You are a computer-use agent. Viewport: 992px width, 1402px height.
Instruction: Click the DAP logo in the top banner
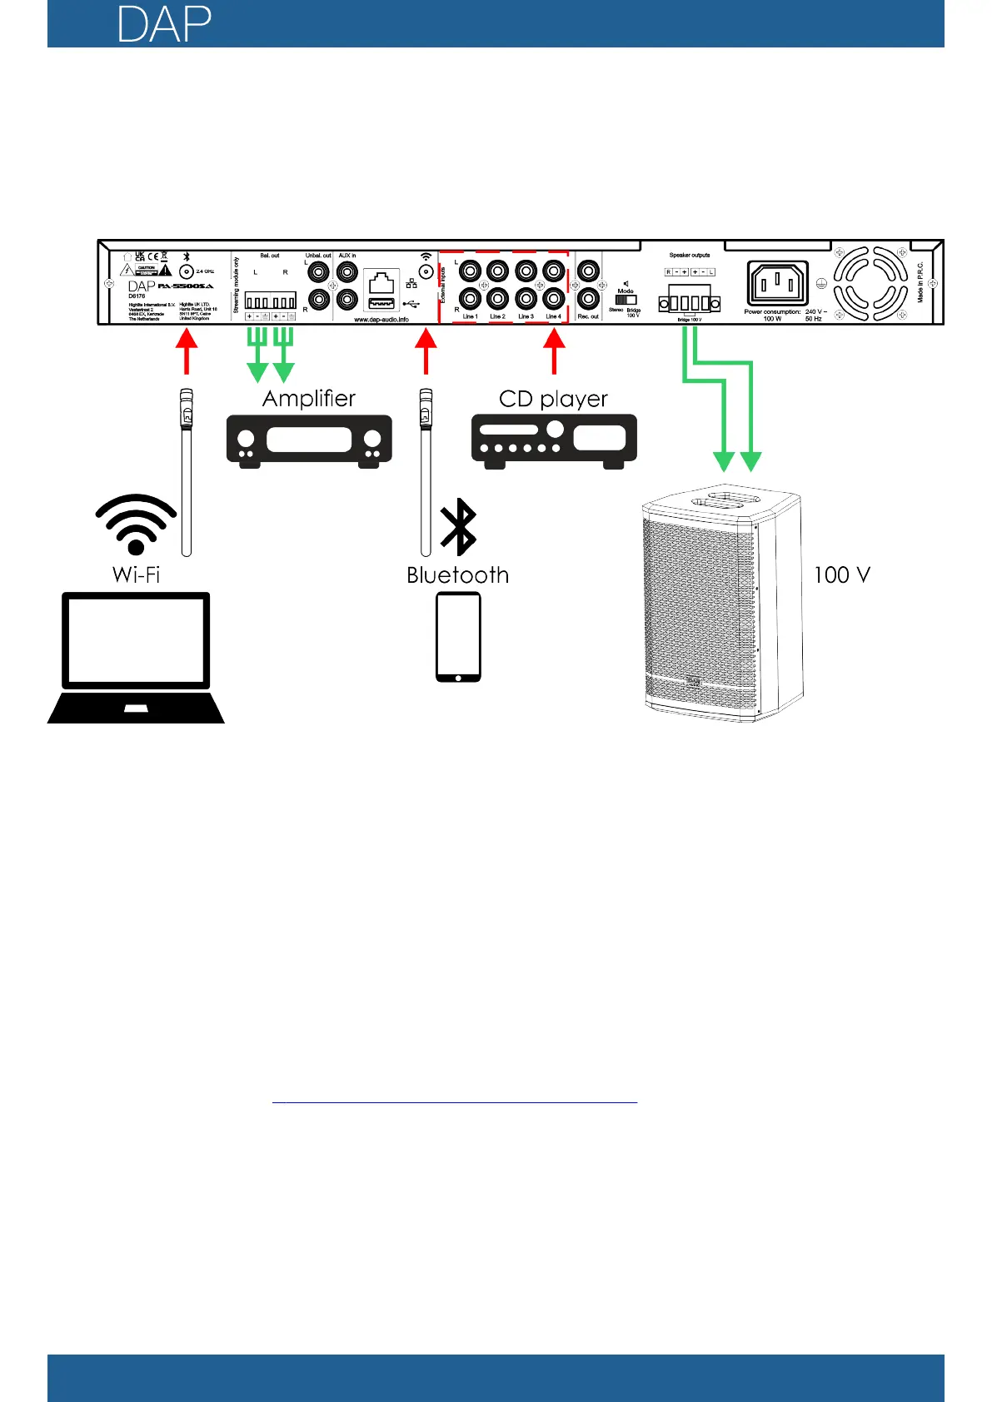pyautogui.click(x=164, y=25)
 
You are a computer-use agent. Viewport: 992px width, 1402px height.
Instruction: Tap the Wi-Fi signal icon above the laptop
pyautogui.click(x=136, y=525)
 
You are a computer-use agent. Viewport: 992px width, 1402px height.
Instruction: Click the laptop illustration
pyautogui.click(x=137, y=657)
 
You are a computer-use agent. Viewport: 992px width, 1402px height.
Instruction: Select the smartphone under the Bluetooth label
pyautogui.click(x=458, y=637)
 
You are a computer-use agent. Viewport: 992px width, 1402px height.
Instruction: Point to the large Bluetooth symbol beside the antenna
pyautogui.click(x=458, y=527)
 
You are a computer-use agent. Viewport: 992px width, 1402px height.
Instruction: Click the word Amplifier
pyautogui.click(x=309, y=399)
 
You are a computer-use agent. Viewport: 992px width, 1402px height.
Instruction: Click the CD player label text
pyautogui.click(x=553, y=399)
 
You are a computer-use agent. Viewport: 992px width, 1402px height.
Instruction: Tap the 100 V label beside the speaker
pyautogui.click(x=841, y=574)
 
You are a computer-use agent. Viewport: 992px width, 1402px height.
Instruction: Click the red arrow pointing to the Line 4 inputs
pyautogui.click(x=554, y=350)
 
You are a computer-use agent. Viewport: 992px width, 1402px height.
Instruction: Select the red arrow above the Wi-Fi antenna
pyautogui.click(x=187, y=350)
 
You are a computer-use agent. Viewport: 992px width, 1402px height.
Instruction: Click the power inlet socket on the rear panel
pyautogui.click(x=778, y=283)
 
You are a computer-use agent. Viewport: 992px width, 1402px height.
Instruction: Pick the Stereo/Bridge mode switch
pyautogui.click(x=626, y=300)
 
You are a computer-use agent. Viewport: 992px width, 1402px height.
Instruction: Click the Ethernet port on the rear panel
pyautogui.click(x=381, y=281)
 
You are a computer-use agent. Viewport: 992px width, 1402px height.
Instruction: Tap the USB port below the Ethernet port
pyautogui.click(x=381, y=303)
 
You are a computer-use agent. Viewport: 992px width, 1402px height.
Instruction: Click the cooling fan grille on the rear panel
pyautogui.click(x=870, y=284)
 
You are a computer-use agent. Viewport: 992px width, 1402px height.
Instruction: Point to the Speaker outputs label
pyautogui.click(x=690, y=256)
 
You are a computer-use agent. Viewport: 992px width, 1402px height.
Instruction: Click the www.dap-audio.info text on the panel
pyautogui.click(x=381, y=320)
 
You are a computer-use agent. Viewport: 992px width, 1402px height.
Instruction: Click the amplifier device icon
pyautogui.click(x=309, y=440)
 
